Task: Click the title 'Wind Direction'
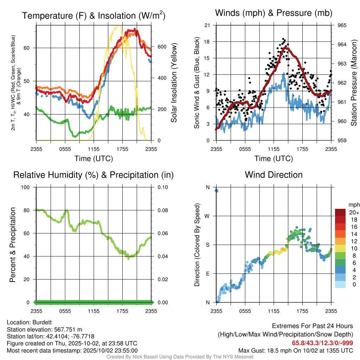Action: point(274,175)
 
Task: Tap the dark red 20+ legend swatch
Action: point(340,212)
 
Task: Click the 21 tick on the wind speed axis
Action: point(207,25)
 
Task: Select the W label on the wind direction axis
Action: point(207,216)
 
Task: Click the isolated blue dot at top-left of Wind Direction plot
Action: point(217,191)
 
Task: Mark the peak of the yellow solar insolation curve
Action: point(119,26)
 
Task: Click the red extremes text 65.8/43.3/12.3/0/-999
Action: point(322,343)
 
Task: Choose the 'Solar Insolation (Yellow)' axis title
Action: point(174,83)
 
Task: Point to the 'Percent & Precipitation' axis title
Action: point(12,245)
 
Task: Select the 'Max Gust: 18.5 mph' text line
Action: point(295,350)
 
